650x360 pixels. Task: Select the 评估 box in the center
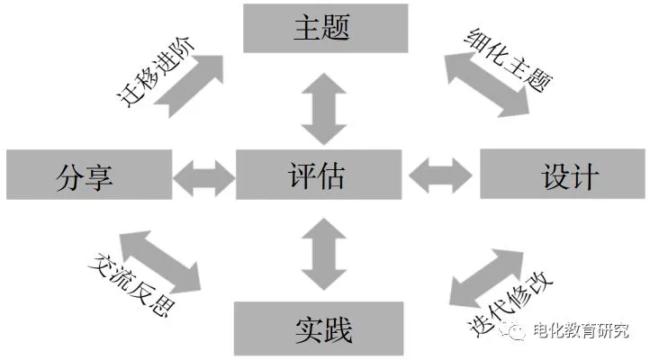320,174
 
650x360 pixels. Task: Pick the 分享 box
87,174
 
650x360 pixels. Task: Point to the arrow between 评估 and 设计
440,174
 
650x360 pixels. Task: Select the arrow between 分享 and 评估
203,174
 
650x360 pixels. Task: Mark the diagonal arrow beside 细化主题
486,85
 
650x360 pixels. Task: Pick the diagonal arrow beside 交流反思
158,260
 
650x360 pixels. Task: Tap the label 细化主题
510,58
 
